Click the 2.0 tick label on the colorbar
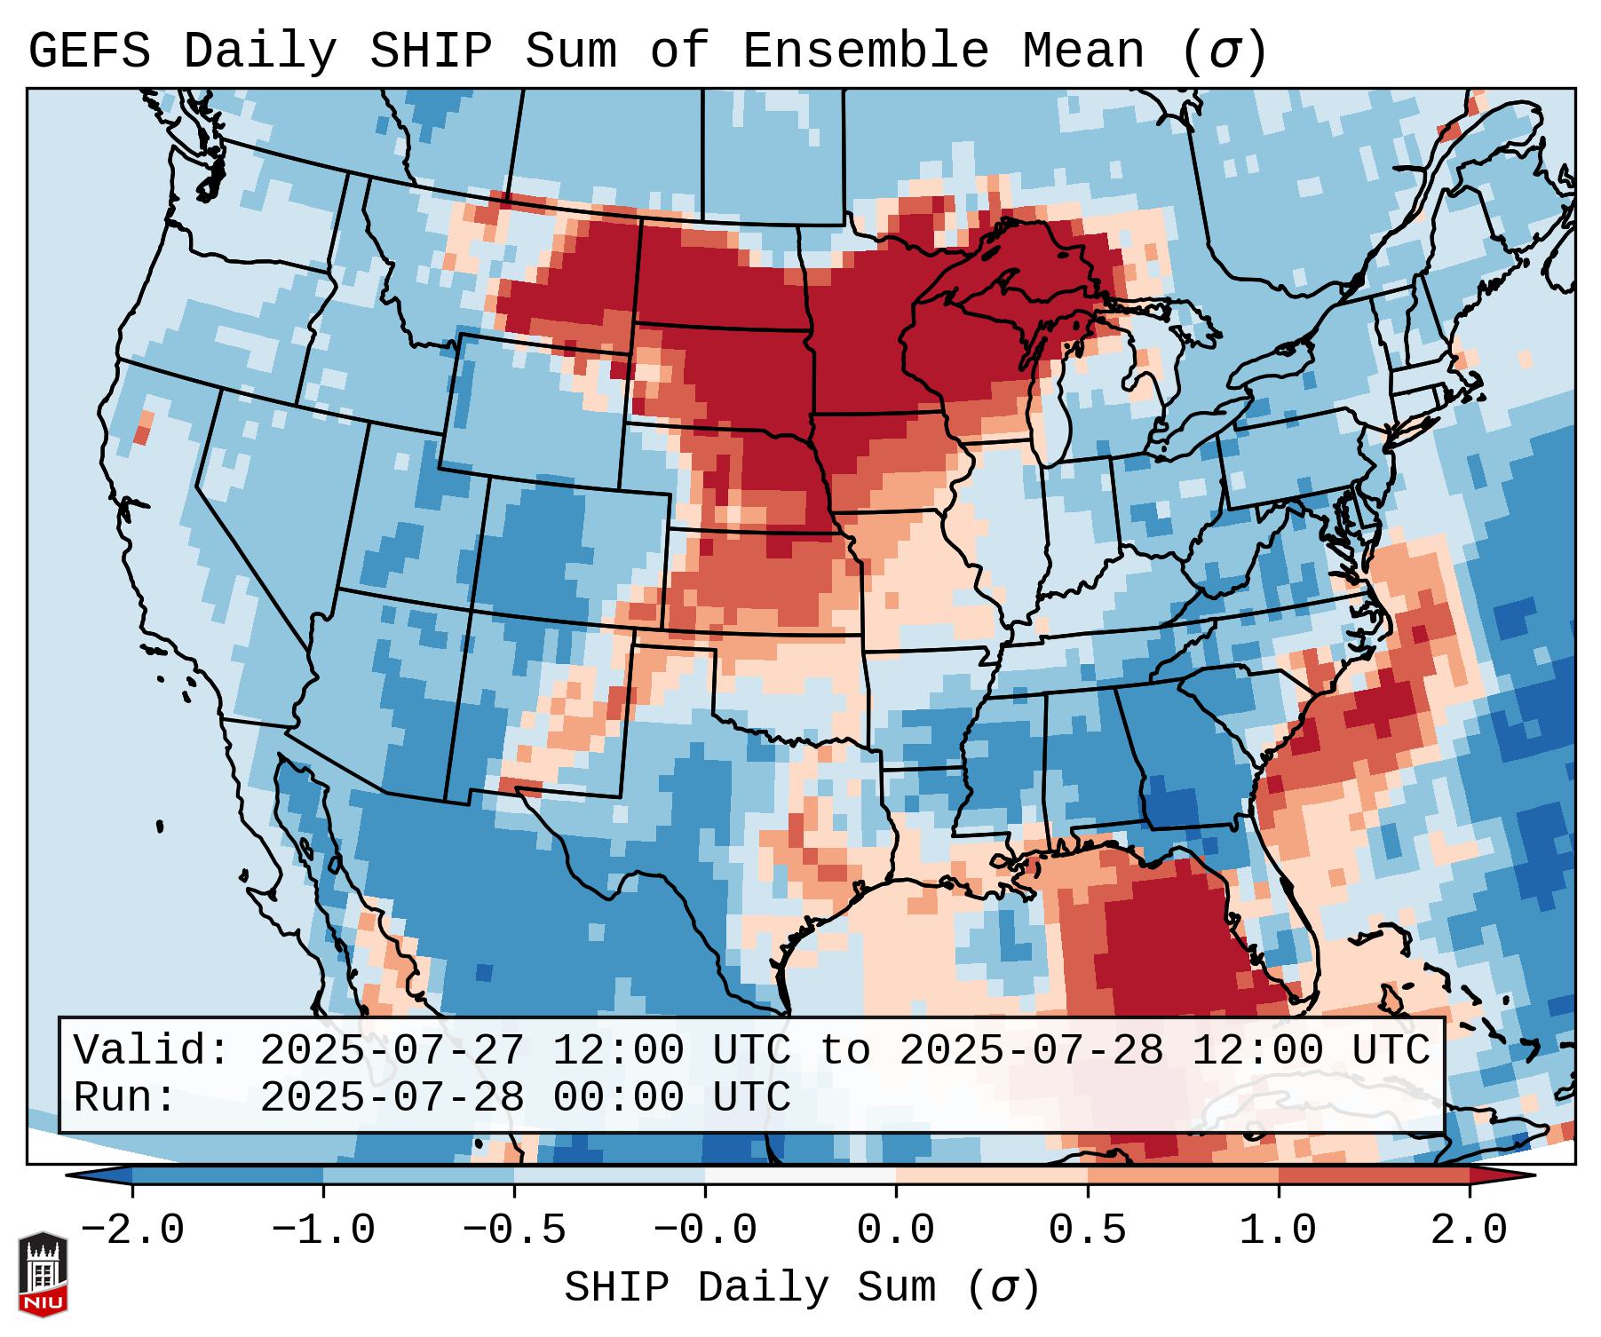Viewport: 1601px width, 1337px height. (1469, 1230)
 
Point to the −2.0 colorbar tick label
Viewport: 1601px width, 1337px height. (131, 1230)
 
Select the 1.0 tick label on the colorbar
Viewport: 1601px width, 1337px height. (1278, 1230)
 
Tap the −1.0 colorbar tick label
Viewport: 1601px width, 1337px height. (322, 1230)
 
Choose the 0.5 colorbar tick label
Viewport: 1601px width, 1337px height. (1087, 1230)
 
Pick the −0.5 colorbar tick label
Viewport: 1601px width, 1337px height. (513, 1230)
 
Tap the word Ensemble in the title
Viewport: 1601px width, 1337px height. (865, 51)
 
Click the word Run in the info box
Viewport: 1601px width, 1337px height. (113, 1097)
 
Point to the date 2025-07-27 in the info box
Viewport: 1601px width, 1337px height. (392, 1050)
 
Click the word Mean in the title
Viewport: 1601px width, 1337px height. (1083, 51)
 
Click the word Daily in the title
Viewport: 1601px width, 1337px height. (259, 51)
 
